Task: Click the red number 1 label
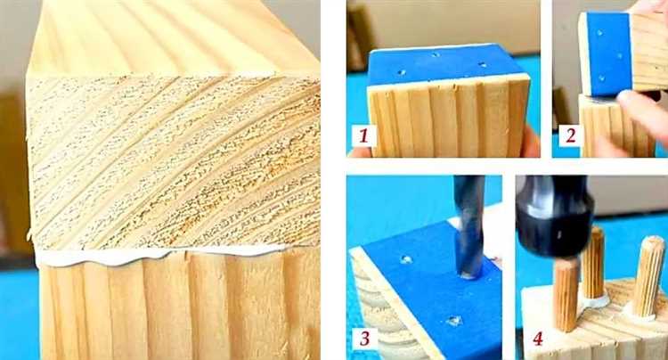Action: (x=363, y=135)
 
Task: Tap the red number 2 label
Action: (x=570, y=135)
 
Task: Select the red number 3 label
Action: (x=363, y=339)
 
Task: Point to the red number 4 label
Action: (x=538, y=340)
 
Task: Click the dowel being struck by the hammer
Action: (x=566, y=295)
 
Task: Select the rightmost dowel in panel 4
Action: (x=648, y=276)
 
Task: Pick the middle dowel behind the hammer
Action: (x=593, y=263)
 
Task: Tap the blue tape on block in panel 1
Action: (x=445, y=66)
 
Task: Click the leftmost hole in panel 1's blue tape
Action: (x=402, y=72)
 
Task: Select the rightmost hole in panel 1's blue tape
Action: (x=482, y=65)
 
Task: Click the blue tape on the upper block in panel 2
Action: (x=609, y=54)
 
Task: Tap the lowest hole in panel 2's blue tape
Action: (x=601, y=78)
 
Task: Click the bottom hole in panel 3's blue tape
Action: (x=455, y=321)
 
